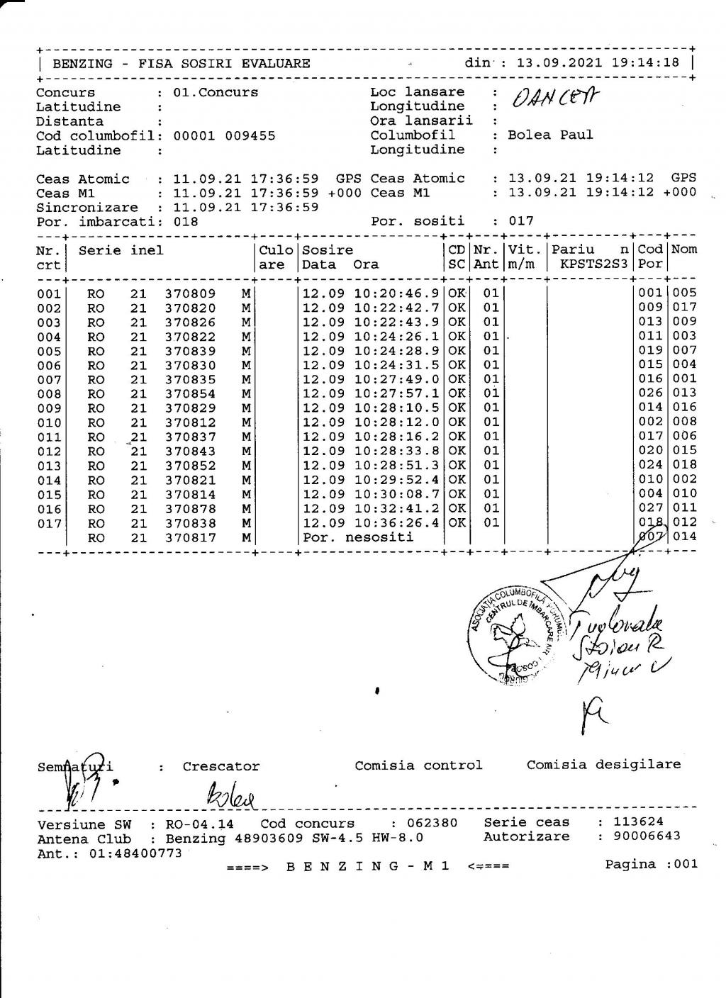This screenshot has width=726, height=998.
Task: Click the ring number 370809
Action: (x=190, y=293)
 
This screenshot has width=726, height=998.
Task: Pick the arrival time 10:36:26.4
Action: (x=397, y=522)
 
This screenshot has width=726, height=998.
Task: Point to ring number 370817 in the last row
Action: (x=190, y=537)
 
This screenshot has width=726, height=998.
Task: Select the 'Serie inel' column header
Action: (x=121, y=250)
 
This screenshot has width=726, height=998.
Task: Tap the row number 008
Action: (x=49, y=393)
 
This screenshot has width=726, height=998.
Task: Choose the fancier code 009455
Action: (x=250, y=135)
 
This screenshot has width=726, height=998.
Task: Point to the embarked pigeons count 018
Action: (x=186, y=221)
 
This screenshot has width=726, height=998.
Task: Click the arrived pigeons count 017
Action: (x=521, y=221)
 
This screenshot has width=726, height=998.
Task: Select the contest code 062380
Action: (x=432, y=823)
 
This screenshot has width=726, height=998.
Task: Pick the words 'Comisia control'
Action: (x=418, y=765)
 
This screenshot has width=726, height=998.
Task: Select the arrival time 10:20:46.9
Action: (x=397, y=293)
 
